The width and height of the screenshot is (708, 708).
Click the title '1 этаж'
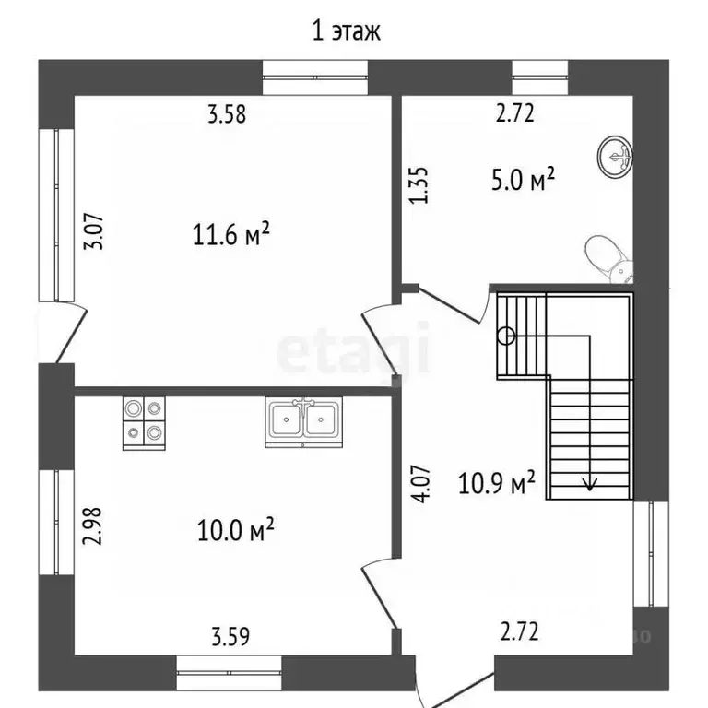point(347,31)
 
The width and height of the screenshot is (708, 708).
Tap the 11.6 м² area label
point(231,233)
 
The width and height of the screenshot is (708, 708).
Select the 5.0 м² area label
point(523,179)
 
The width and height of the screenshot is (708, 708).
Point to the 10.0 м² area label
point(236,529)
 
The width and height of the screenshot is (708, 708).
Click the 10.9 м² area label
point(497,482)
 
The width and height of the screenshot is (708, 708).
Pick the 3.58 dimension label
point(227,114)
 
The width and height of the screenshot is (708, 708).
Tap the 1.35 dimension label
point(419,185)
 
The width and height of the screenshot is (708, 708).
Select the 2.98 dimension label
point(92,526)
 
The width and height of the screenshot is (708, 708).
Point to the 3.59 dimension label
point(230,636)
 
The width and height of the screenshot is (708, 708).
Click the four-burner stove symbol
point(144,423)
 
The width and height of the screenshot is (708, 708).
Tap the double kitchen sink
point(303,422)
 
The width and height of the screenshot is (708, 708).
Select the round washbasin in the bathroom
point(615,157)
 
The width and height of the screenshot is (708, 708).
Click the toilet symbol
point(609,259)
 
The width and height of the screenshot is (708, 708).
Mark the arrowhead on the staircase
point(589,484)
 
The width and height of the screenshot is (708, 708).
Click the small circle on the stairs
point(506,336)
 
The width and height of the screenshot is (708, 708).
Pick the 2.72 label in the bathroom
point(514,113)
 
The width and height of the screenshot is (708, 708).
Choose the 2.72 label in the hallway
point(519,631)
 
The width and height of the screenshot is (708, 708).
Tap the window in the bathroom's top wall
point(539,77)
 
